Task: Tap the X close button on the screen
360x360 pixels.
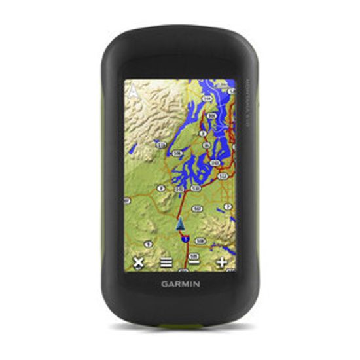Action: (138, 262)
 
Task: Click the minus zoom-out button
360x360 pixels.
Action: (194, 262)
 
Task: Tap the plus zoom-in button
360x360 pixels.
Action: (222, 262)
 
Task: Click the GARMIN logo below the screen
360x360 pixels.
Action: (181, 284)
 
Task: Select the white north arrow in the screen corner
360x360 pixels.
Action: (134, 92)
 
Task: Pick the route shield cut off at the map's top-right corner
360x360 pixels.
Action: (231, 84)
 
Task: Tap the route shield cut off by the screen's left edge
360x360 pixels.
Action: (127, 200)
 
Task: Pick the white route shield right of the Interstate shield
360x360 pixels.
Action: (199, 240)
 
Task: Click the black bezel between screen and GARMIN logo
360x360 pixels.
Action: (181, 275)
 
